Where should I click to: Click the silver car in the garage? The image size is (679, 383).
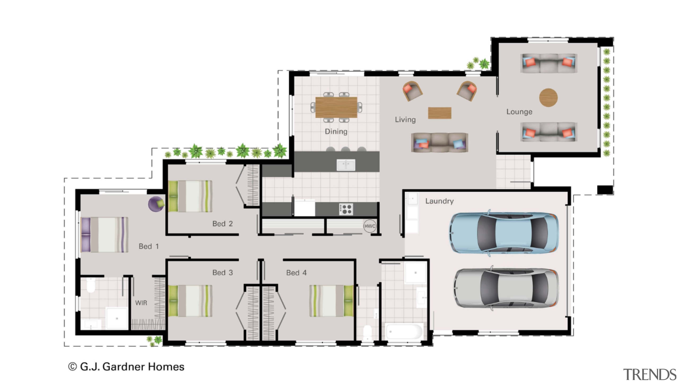[506, 288]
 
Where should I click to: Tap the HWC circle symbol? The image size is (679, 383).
[369, 226]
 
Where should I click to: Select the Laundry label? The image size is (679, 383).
[439, 201]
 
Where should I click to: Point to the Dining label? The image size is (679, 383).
[336, 131]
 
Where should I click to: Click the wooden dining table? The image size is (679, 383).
[336, 107]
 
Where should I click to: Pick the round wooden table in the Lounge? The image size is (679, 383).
[548, 97]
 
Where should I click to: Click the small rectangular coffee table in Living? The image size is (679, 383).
[439, 113]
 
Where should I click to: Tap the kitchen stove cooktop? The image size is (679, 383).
[346, 209]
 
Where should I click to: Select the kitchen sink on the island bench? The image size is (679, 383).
[346, 165]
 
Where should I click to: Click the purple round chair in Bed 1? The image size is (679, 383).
[156, 204]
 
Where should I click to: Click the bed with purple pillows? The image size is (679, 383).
[105, 235]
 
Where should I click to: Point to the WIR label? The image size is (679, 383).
[141, 303]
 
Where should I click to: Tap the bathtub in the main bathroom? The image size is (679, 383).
[404, 331]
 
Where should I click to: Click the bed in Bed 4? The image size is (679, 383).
[331, 301]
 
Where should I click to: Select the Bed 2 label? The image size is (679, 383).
[222, 224]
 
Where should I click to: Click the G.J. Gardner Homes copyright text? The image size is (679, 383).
[126, 367]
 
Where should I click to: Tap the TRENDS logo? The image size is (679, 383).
[649, 375]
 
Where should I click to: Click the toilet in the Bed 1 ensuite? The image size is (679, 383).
[91, 286]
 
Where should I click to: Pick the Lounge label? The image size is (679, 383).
[519, 112]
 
